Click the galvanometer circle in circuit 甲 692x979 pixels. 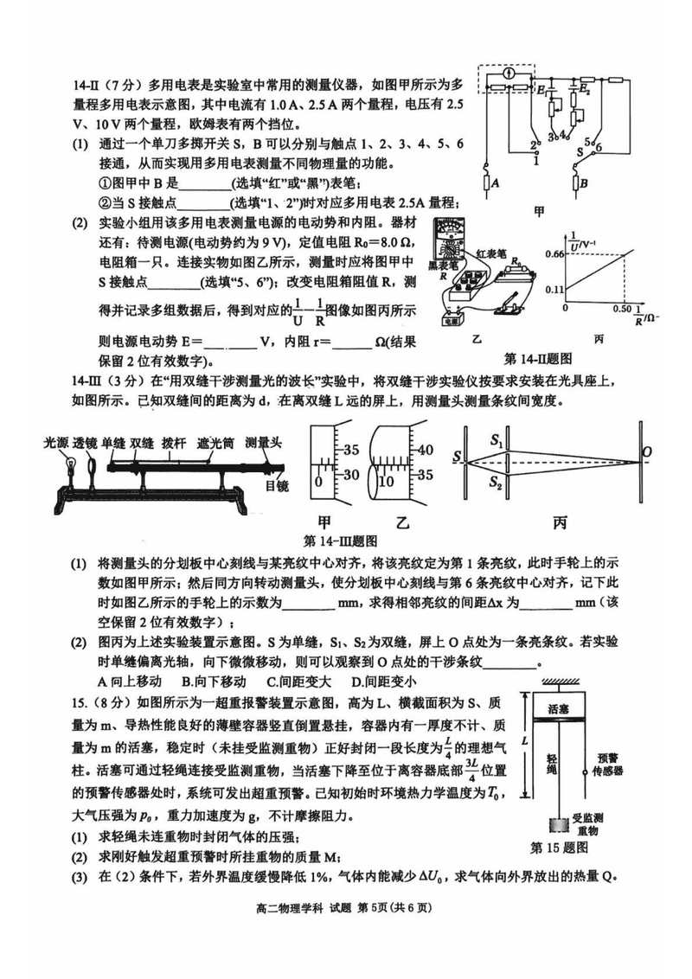tap(511, 76)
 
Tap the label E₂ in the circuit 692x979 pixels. tap(586, 90)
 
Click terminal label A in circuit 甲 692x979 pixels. tap(495, 182)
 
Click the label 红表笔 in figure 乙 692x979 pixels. tap(497, 249)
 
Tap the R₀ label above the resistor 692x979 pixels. tap(516, 260)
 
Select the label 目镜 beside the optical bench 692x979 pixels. tap(277, 486)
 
